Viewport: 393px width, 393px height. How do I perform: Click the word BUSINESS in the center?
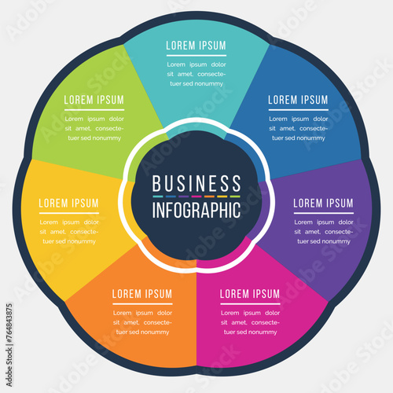[x=196, y=184]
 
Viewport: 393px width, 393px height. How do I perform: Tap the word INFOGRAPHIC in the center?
[x=196, y=211]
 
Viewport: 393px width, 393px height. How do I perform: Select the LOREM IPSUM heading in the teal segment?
[x=196, y=46]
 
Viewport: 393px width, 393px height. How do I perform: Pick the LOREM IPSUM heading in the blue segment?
[x=298, y=100]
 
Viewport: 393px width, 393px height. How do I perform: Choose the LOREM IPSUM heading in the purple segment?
[x=323, y=203]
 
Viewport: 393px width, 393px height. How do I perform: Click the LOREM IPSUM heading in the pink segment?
[x=249, y=294]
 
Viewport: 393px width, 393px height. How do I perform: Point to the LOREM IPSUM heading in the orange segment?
[x=142, y=294]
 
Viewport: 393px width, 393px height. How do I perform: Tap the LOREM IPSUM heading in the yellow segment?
[x=69, y=203]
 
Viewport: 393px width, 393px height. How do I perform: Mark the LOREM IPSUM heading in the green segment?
[x=94, y=100]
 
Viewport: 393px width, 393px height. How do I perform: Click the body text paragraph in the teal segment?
[x=196, y=74]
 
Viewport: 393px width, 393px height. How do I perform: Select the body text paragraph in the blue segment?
[x=298, y=128]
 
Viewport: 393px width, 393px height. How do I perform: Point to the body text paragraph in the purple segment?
[x=323, y=231]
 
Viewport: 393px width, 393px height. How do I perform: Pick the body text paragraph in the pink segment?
[x=249, y=322]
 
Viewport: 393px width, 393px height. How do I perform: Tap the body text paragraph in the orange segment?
[x=142, y=322]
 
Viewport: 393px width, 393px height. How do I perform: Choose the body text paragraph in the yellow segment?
[x=69, y=231]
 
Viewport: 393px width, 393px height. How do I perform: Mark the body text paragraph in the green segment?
[x=94, y=128]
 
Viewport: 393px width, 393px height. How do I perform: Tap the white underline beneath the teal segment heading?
[x=196, y=55]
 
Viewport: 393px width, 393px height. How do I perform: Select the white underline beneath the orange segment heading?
[x=142, y=303]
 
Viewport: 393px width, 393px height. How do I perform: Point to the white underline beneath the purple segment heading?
[x=323, y=212]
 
